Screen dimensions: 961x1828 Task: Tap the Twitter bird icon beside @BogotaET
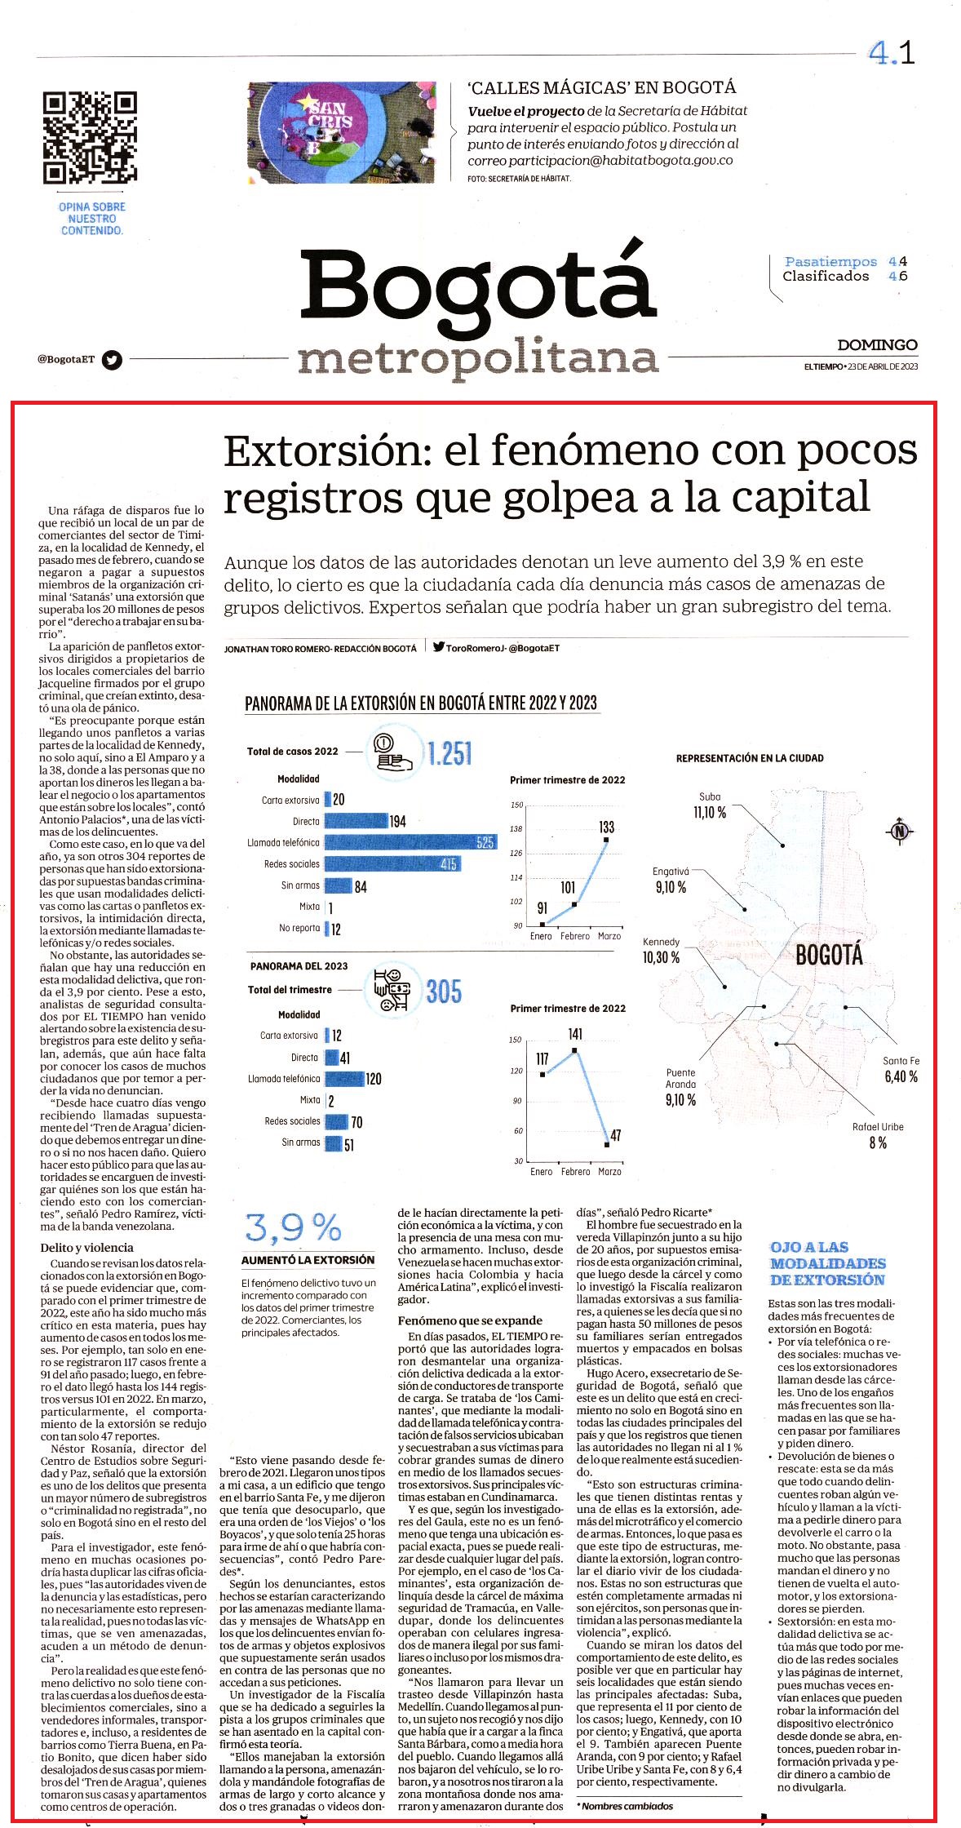pos(112,360)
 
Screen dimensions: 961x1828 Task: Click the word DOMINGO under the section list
pos(877,345)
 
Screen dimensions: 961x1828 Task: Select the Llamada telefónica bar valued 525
pos(410,842)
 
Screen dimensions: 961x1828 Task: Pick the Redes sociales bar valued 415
pos(393,863)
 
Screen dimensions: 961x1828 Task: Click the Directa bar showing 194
pos(356,821)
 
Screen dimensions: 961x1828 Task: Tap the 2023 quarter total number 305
pos(444,992)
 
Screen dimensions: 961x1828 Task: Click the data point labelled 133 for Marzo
pos(606,839)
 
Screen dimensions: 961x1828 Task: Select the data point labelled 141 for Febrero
pos(575,1049)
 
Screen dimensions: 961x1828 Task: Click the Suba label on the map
pos(710,796)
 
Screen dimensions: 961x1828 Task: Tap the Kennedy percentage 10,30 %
pos(662,957)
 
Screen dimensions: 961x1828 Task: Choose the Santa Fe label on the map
pos(901,1061)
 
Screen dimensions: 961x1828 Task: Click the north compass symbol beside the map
pos(900,832)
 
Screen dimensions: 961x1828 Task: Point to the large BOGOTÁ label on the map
pos(829,955)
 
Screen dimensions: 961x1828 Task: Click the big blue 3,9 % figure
pos(294,1227)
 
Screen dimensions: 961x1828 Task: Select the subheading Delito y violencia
pos(86,1248)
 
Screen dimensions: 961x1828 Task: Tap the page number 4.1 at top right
pos(892,54)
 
